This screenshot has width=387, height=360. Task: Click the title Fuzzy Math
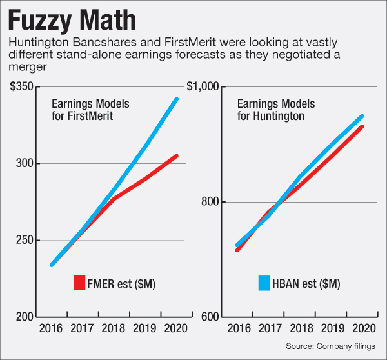pos(72,19)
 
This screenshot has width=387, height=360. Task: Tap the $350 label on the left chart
pos(23,86)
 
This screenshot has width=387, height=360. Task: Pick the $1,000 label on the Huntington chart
pos(203,86)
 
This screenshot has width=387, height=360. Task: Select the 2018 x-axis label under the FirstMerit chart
pos(114,328)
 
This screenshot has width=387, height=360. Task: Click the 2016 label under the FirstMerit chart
pos(51,328)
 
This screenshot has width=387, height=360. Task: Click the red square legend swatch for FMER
pos(79,283)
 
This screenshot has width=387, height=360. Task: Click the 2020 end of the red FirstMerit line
pos(177,155)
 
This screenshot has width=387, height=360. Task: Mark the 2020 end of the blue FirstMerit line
pos(177,99)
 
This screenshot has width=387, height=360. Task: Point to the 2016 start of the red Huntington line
pos(237,250)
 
